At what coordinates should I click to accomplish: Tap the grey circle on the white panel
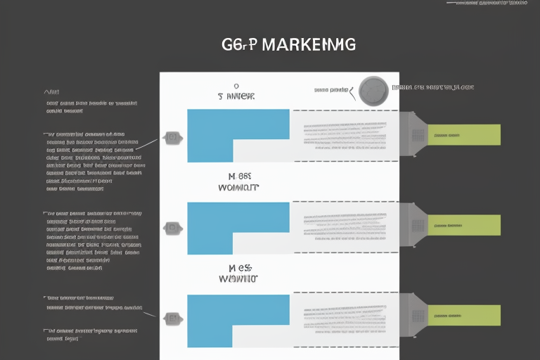pos(373,91)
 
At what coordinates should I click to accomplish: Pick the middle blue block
pos(238,219)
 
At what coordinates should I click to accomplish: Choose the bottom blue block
pos(238,311)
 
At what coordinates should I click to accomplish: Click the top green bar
pos(464,134)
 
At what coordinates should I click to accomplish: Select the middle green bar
pos(464,226)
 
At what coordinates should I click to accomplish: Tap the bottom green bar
pos(464,316)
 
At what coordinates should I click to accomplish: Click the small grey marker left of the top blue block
pos(172,138)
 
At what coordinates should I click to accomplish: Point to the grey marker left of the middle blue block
pos(172,228)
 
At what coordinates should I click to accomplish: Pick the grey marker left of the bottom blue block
pos(172,318)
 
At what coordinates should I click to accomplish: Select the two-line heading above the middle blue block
pos(238,183)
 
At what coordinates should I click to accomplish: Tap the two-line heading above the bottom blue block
pos(238,274)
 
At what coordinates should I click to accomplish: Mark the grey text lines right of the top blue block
pos(345,135)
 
